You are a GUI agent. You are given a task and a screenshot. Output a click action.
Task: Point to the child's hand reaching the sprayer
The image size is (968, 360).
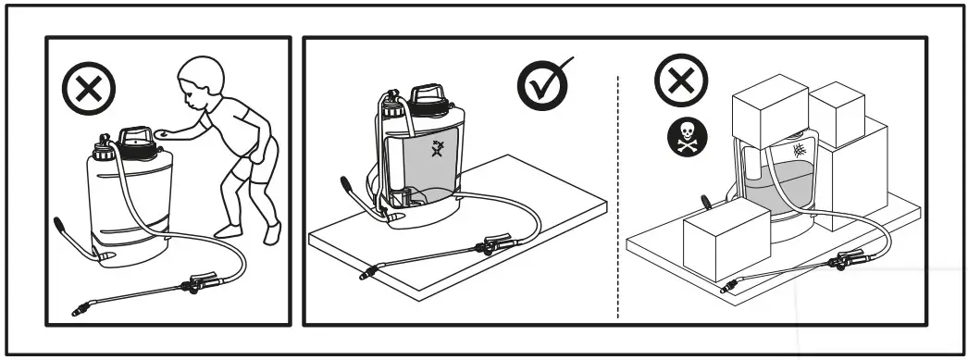click(x=165, y=133)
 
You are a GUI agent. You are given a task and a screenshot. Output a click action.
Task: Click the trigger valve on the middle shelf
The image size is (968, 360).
click(x=487, y=248)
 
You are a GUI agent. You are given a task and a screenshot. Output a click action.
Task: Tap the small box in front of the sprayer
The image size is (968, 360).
click(x=726, y=241)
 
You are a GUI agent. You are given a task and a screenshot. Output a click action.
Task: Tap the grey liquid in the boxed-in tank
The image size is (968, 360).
click(x=777, y=185)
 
